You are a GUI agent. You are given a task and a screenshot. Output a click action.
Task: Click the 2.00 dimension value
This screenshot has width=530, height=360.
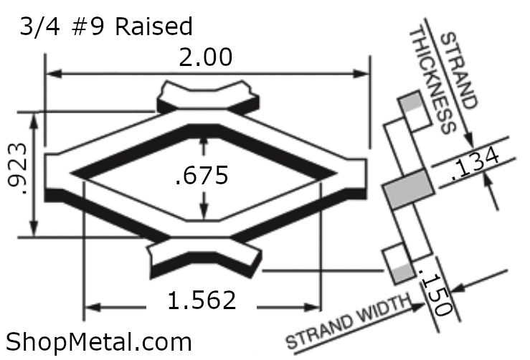pyautogui.click(x=206, y=57)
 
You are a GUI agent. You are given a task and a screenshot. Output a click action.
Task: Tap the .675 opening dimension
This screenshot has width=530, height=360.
pyautogui.click(x=202, y=175)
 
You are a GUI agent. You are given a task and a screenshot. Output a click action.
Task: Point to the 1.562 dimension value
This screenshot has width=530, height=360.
pyautogui.click(x=202, y=300)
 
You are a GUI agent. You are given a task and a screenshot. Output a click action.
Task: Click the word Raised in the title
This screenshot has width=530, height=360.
pyautogui.click(x=153, y=27)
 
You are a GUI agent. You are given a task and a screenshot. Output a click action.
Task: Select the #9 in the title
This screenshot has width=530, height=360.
pyautogui.click(x=88, y=27)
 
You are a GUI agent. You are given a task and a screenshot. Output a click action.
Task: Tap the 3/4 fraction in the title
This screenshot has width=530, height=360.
pyautogui.click(x=40, y=27)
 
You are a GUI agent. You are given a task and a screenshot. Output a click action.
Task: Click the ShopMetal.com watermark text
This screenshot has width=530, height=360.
pyautogui.click(x=99, y=342)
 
